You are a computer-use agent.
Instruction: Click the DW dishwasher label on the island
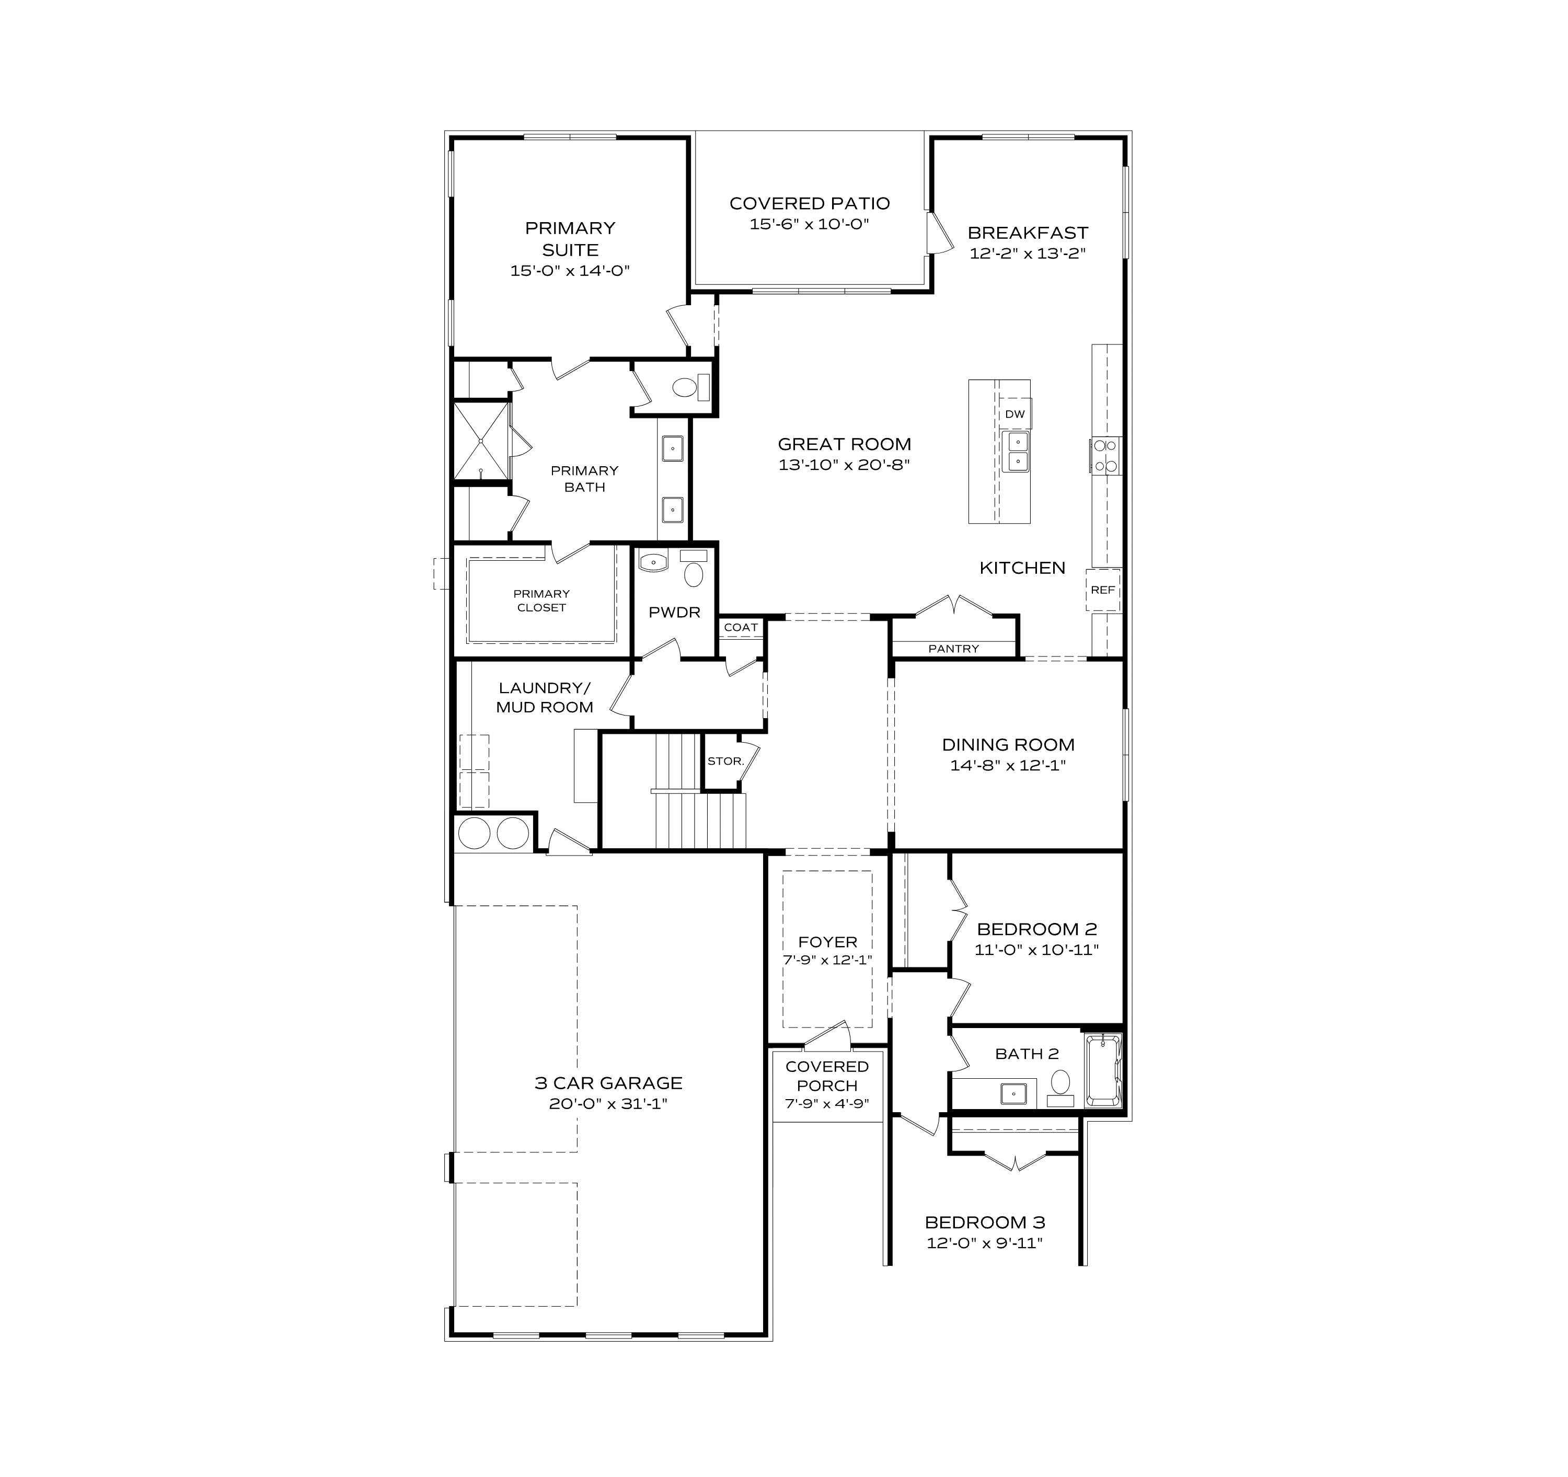coord(1014,414)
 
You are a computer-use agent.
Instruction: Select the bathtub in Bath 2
coord(1103,1071)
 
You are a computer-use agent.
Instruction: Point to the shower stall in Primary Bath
coord(480,441)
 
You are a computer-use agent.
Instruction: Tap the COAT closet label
coord(741,628)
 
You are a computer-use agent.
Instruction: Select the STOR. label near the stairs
coord(725,761)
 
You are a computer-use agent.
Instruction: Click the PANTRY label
coord(953,649)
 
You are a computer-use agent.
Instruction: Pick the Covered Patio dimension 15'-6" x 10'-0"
coord(809,224)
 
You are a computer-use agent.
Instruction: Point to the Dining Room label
coord(1008,744)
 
